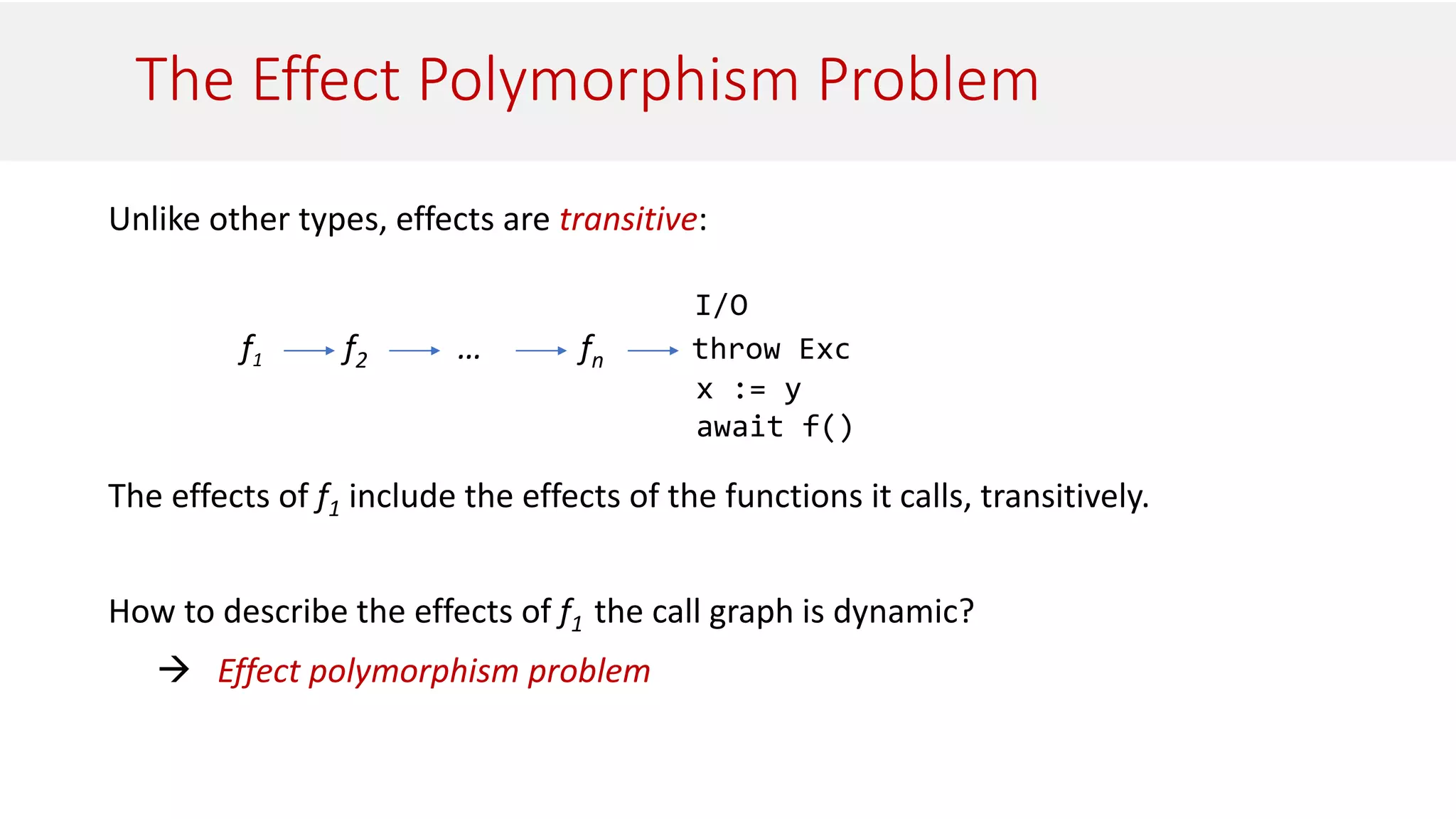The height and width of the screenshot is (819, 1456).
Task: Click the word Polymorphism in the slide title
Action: click(608, 80)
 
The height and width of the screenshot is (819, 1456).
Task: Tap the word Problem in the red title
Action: click(928, 80)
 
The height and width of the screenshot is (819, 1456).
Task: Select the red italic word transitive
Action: click(628, 219)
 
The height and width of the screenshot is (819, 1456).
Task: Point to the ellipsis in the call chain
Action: click(469, 353)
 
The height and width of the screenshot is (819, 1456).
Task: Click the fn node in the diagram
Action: click(590, 350)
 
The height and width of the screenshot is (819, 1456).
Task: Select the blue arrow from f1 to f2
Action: click(309, 350)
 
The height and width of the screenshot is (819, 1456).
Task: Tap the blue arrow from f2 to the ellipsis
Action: click(414, 350)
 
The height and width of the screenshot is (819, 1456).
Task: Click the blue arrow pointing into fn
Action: click(540, 350)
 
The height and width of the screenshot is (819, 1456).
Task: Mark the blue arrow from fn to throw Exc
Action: click(653, 350)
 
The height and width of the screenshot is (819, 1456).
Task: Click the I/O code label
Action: click(721, 306)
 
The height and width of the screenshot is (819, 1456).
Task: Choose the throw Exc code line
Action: click(771, 349)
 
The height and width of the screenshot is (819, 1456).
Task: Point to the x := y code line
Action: click(748, 389)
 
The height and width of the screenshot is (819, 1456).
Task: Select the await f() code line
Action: click(773, 427)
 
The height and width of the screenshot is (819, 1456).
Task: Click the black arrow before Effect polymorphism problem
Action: click(174, 669)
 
